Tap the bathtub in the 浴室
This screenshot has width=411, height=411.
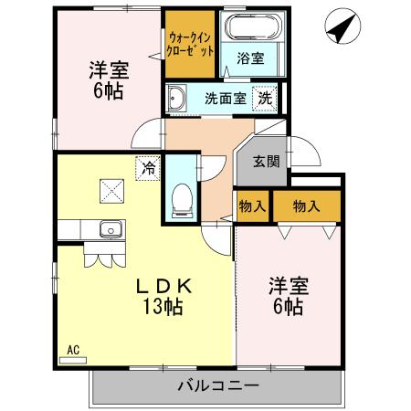pos(250,31)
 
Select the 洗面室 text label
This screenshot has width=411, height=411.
pos(224,99)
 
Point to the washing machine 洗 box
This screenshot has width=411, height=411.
pos(265,98)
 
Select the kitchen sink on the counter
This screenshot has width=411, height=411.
pos(111,230)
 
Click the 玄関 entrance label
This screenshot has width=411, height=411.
pos(266,162)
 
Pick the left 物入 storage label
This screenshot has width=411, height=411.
pos(251,206)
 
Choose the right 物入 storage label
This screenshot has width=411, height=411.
pos(306,206)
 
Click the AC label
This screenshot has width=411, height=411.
pos(74,349)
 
